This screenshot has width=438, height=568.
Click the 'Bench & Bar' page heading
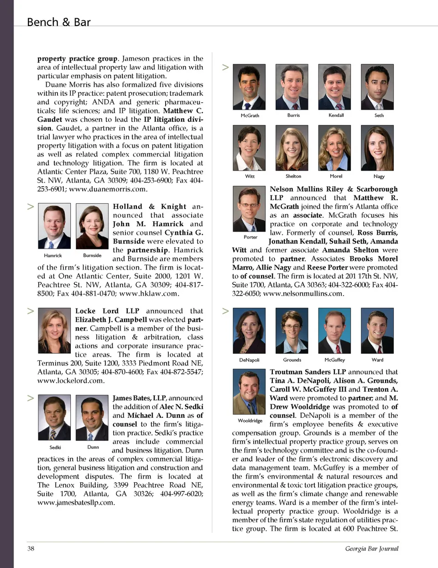coord(58,22)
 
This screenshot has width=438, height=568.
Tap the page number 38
coord(31,548)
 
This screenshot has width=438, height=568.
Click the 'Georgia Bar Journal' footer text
coord(371,548)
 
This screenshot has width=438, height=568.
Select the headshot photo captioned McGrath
coord(249,87)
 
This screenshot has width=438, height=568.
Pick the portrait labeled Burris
coord(292,87)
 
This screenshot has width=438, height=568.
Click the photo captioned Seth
coord(377,87)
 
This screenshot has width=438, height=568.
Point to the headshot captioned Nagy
coord(377,148)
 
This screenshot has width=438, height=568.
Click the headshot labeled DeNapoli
coord(249,331)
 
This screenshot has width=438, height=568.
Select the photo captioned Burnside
coord(92,226)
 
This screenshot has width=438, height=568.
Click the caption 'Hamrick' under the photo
coord(53,255)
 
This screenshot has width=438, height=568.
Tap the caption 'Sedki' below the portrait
coord(55,448)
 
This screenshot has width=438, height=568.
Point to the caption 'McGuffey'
coord(335,360)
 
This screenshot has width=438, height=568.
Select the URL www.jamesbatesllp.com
coord(76,502)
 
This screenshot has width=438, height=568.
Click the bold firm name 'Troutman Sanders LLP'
coord(308,372)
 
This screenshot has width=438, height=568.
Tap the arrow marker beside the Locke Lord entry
coord(31,311)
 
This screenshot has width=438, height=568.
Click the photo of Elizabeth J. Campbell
coord(54,330)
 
